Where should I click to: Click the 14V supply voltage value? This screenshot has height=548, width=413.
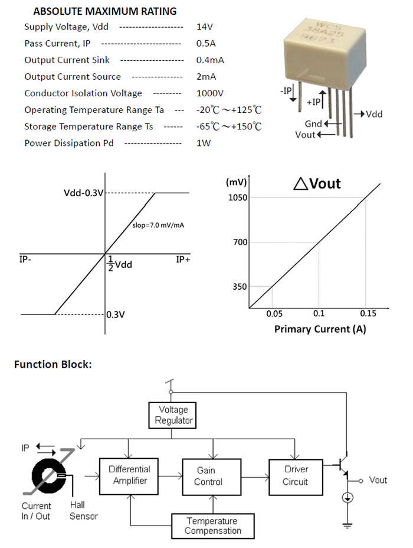click(x=204, y=27)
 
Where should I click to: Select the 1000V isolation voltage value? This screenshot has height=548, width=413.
click(x=209, y=93)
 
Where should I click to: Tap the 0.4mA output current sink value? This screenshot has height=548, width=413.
click(x=210, y=60)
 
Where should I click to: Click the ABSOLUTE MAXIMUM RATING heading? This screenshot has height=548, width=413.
click(x=105, y=11)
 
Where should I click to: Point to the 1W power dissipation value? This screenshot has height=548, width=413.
click(x=203, y=142)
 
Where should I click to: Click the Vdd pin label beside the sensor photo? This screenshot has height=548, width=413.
click(x=374, y=114)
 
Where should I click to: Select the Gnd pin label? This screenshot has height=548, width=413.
click(x=313, y=124)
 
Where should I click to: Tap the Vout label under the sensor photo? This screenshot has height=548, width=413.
click(x=305, y=135)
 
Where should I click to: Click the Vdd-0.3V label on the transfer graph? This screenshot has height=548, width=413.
click(x=83, y=193)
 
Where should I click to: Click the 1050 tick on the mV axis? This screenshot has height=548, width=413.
click(x=237, y=197)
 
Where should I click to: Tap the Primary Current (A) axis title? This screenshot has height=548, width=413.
click(x=320, y=329)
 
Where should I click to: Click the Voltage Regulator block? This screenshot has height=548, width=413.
click(x=171, y=415)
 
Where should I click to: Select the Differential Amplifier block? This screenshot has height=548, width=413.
click(x=129, y=475)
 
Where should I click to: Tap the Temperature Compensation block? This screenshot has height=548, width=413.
click(x=212, y=526)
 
